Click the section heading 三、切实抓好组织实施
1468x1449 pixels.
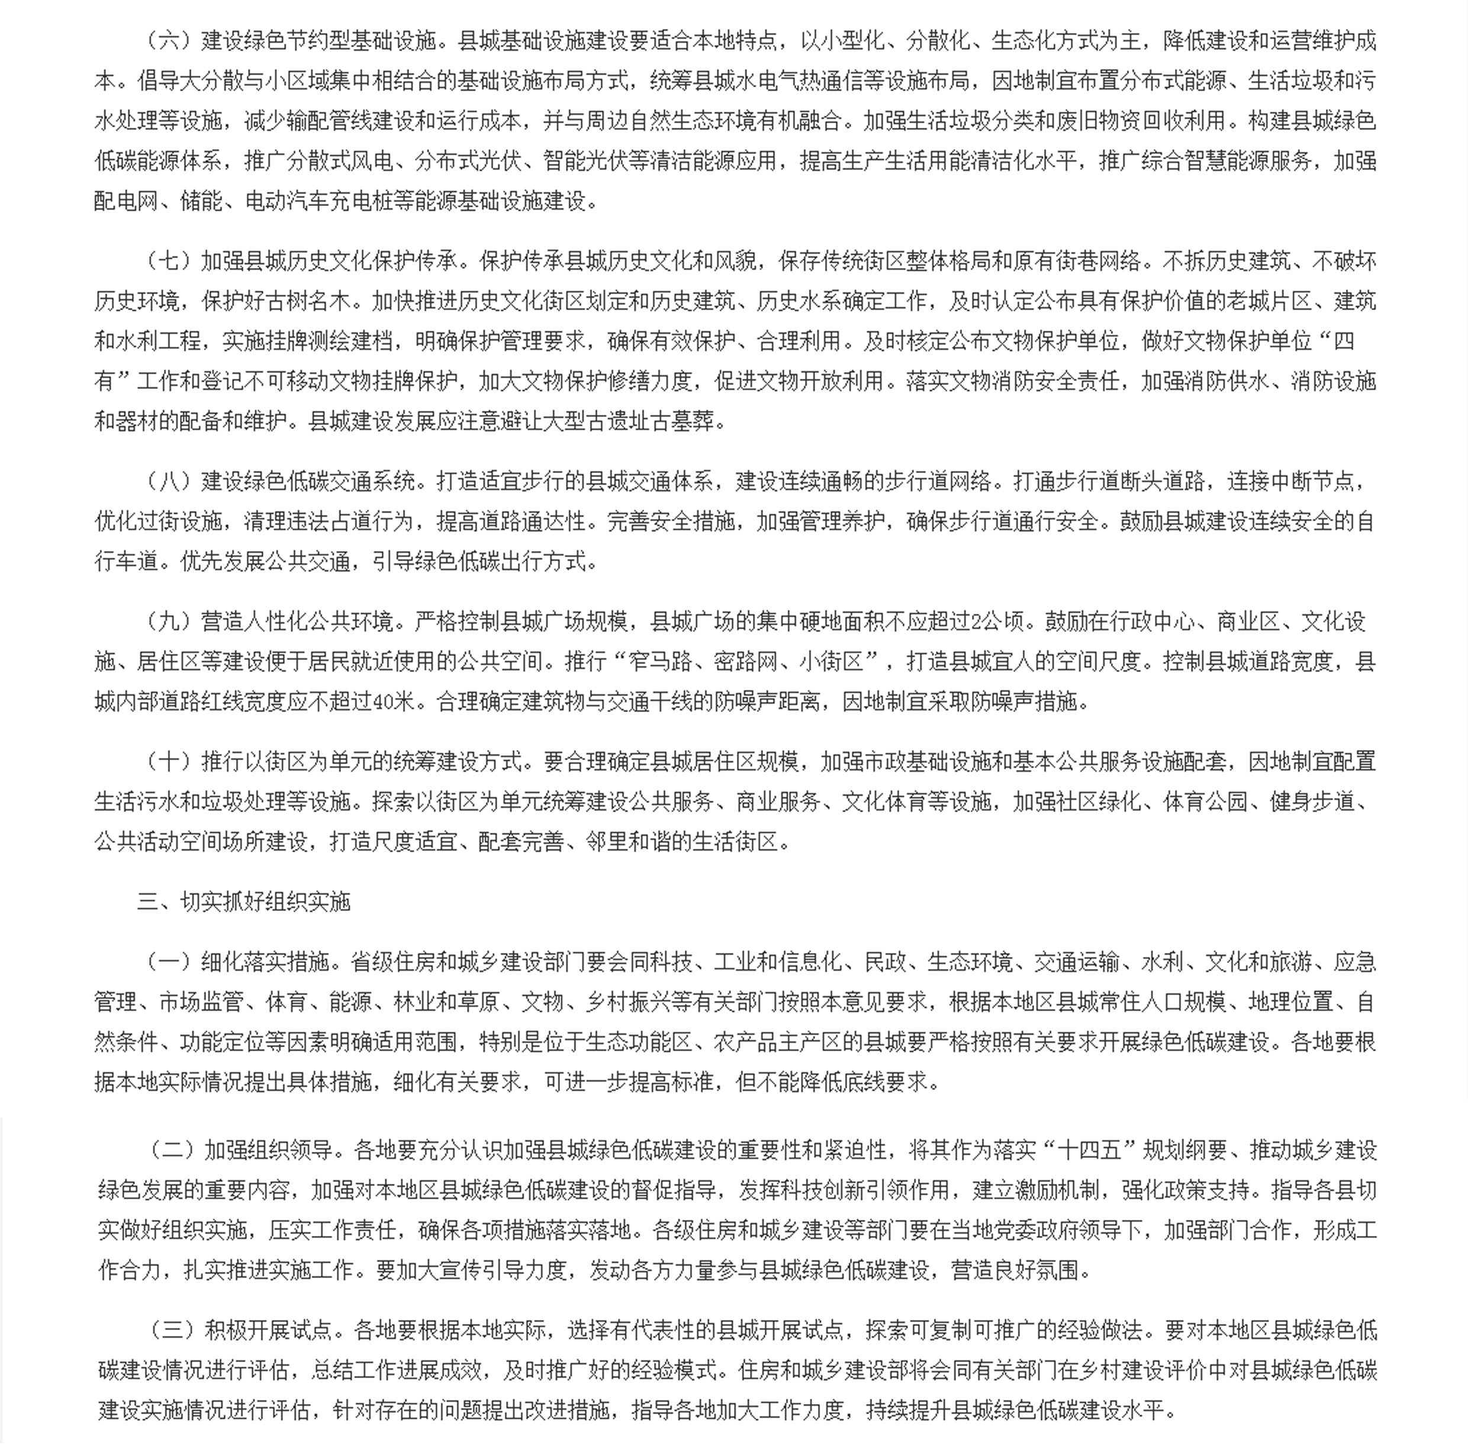[243, 903]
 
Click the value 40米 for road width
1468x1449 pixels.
[394, 701]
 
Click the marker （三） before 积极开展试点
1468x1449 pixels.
[172, 1331]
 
